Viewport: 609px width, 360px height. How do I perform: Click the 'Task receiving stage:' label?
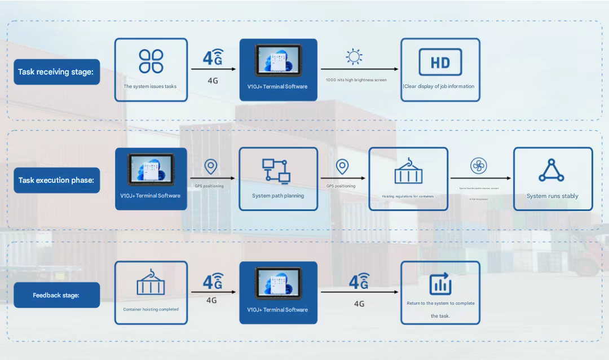[x=56, y=72]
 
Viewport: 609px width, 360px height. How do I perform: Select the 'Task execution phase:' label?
[x=56, y=181]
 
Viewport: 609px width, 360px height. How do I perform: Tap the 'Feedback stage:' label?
[x=56, y=295]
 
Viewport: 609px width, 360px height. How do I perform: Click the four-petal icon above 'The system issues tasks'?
[x=151, y=61]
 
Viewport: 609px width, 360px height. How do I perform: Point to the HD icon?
[x=440, y=62]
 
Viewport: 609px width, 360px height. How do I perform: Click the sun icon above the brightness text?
[x=354, y=57]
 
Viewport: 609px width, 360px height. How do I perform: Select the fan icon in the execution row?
[x=479, y=166]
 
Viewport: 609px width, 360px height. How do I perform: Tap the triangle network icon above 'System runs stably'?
[x=551, y=170]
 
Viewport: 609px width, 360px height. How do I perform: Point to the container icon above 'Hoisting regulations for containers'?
[x=408, y=170]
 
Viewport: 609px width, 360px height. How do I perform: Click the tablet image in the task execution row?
[x=151, y=169]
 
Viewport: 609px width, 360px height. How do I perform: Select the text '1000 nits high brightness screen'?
[x=356, y=80]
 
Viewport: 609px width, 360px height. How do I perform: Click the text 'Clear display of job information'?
[x=439, y=86]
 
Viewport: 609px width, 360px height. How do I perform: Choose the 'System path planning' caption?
[x=278, y=196]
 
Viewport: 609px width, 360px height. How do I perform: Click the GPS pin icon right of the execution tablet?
[x=210, y=167]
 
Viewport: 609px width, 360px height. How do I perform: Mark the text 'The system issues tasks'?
[x=150, y=86]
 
